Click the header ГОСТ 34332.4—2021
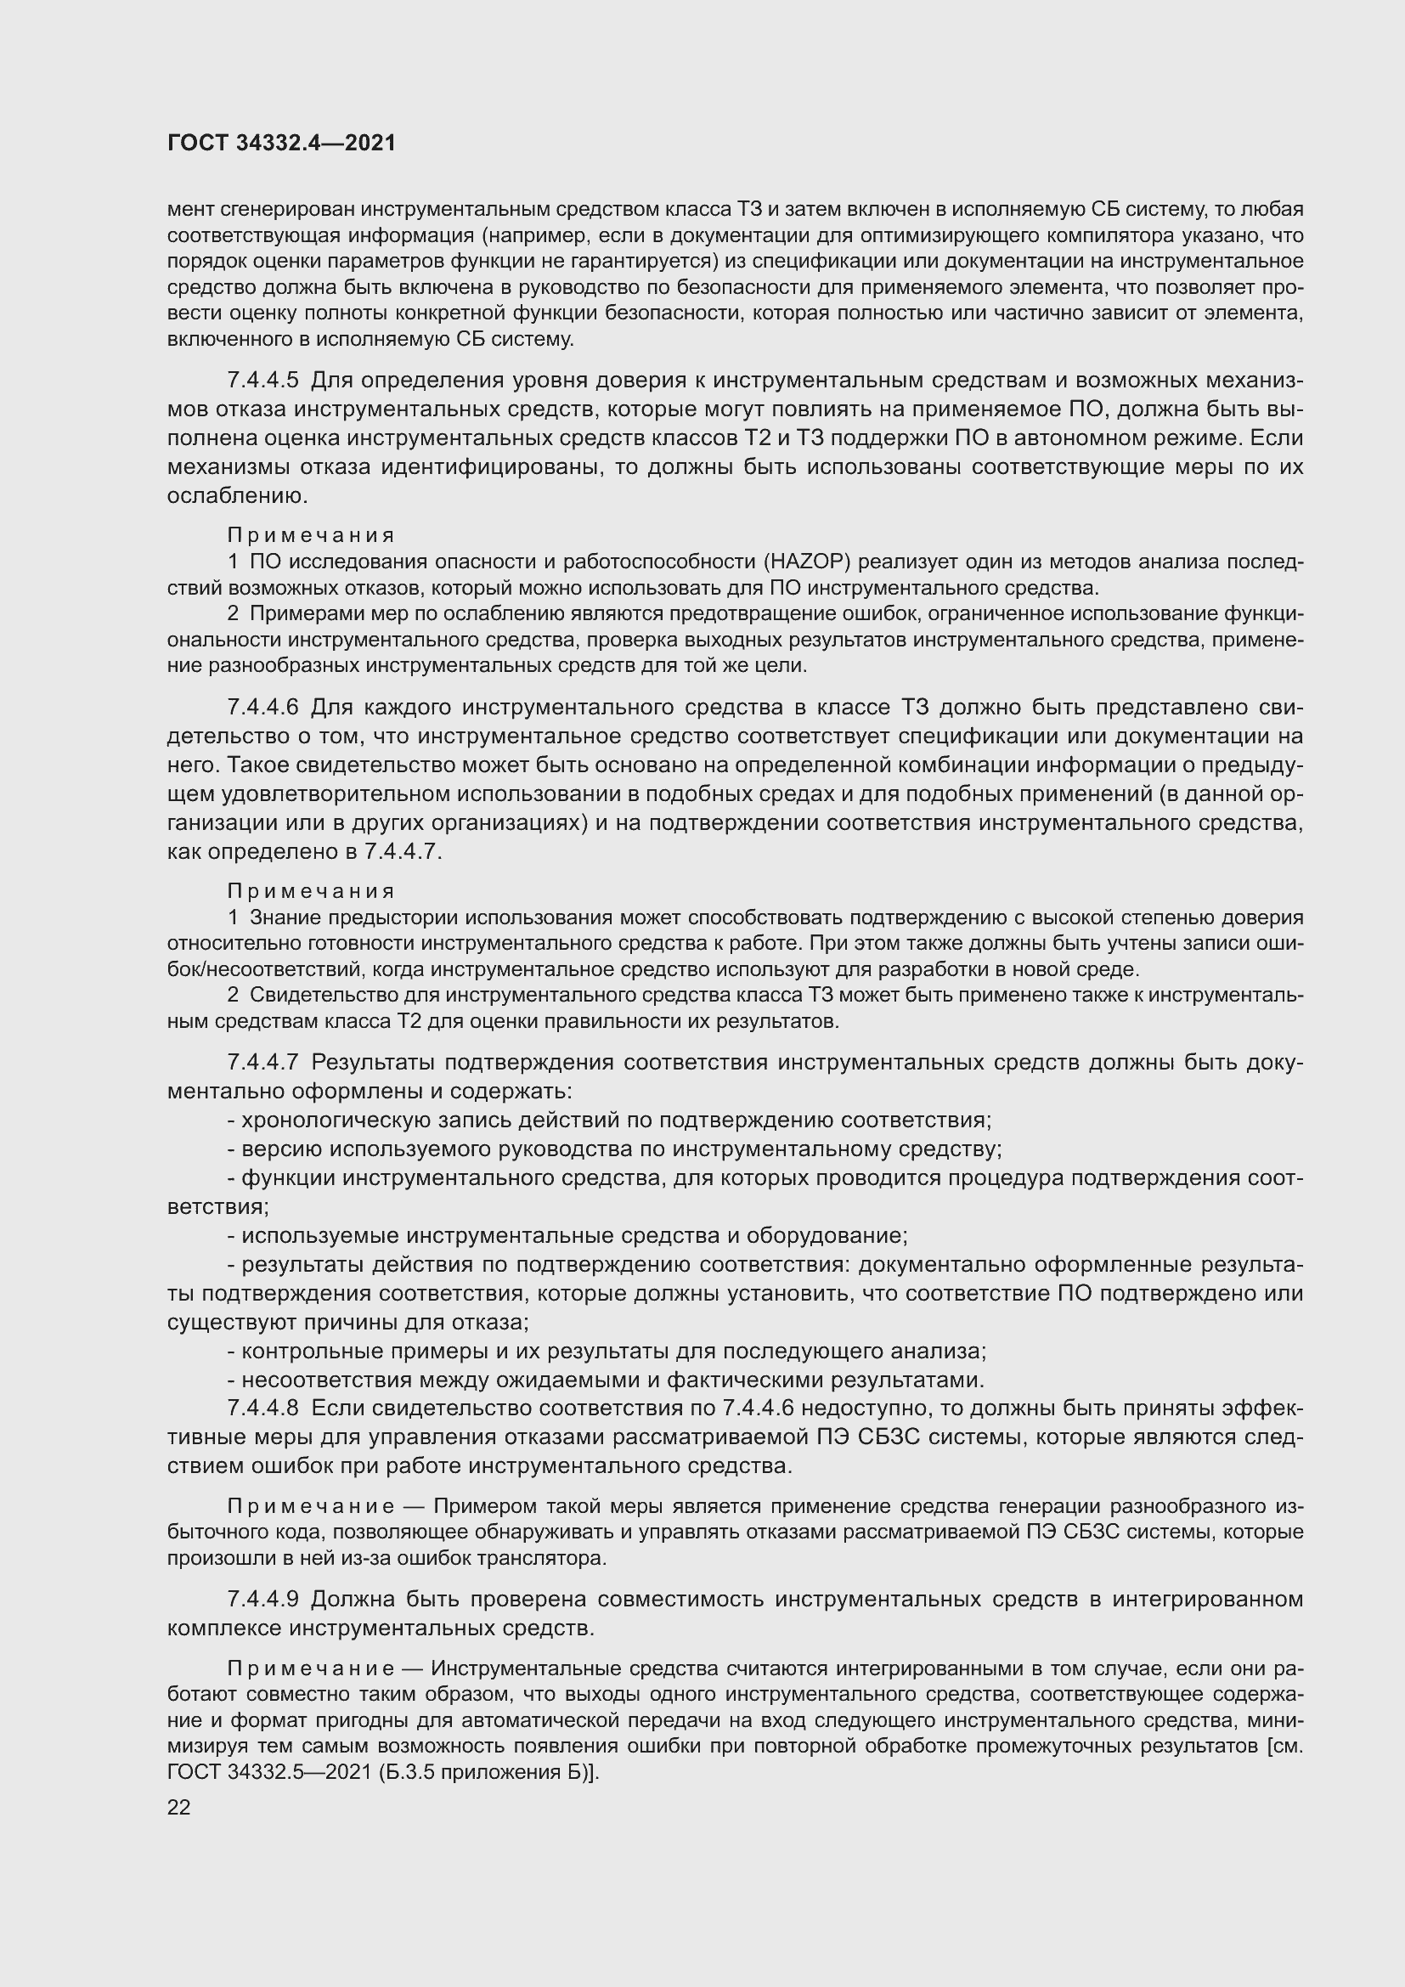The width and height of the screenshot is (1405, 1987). tap(281, 144)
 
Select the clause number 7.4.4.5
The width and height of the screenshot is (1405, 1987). tap(262, 380)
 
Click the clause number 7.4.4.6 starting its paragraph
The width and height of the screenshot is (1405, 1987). tap(262, 707)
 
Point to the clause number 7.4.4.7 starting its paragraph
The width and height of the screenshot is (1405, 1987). tap(262, 1062)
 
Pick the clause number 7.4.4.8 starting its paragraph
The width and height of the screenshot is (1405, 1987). tap(262, 1408)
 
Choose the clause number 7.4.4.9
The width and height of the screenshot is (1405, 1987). tap(262, 1599)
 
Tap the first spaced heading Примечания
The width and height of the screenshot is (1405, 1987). tap(312, 536)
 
